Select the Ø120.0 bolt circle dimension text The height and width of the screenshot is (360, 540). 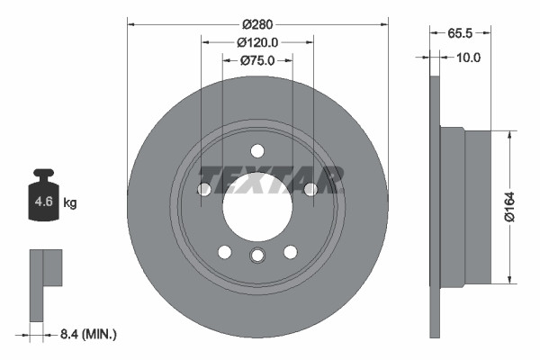pyautogui.click(x=256, y=41)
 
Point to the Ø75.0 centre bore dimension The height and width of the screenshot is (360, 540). pyautogui.click(x=257, y=60)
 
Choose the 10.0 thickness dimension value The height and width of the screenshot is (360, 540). pyautogui.click(x=469, y=57)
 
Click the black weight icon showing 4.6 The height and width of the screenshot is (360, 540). pyautogui.click(x=43, y=194)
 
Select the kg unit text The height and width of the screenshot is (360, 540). pyautogui.click(x=70, y=203)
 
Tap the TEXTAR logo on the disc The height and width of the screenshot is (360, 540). pyautogui.click(x=270, y=180)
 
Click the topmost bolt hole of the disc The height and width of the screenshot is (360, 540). pyautogui.click(x=257, y=150)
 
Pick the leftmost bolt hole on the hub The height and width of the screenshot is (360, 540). pyautogui.click(x=204, y=189)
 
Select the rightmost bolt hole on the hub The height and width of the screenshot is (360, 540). pyautogui.click(x=310, y=189)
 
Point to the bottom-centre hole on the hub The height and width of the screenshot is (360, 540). pyautogui.click(x=257, y=256)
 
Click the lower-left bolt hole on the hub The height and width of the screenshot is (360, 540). pyautogui.click(x=224, y=251)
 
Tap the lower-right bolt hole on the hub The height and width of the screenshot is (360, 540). pyautogui.click(x=290, y=251)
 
